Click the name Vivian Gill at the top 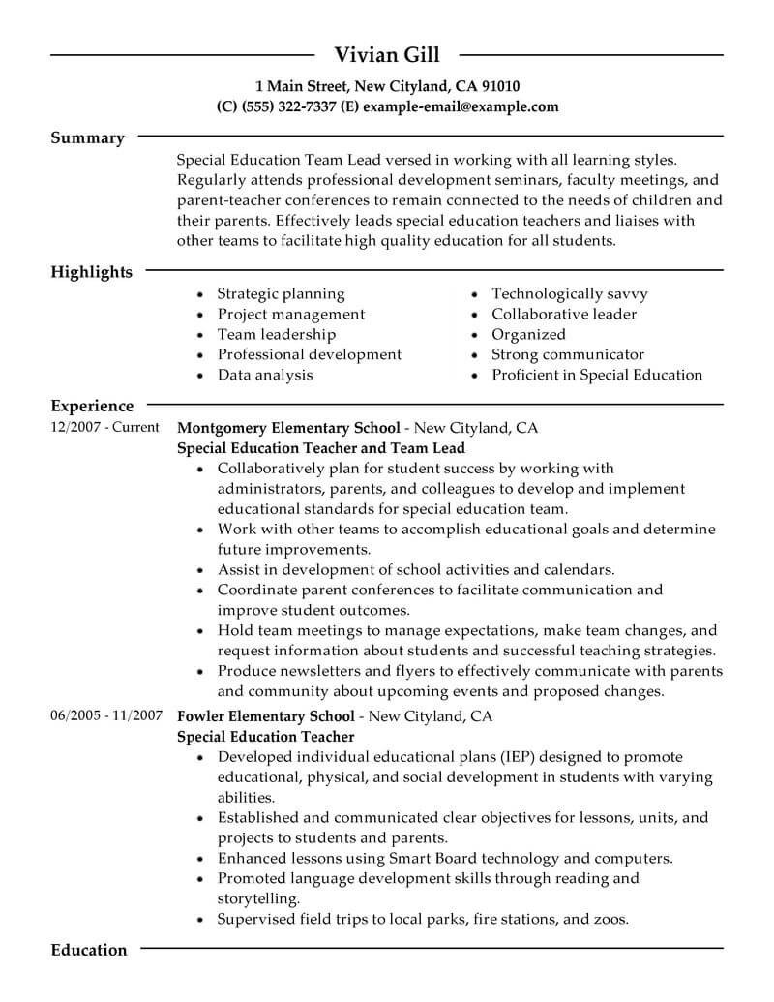click(x=386, y=54)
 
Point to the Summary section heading click(x=87, y=138)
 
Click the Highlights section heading click(x=91, y=272)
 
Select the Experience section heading click(x=92, y=407)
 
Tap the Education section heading click(x=88, y=950)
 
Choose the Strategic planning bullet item click(x=281, y=293)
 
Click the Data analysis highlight click(x=264, y=375)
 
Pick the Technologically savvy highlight click(x=569, y=293)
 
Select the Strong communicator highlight click(x=567, y=354)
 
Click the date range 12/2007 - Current click(x=104, y=427)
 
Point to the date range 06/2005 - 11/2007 click(x=104, y=716)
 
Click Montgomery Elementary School click(x=287, y=427)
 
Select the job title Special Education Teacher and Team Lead click(x=321, y=448)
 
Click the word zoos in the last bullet click(x=609, y=919)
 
